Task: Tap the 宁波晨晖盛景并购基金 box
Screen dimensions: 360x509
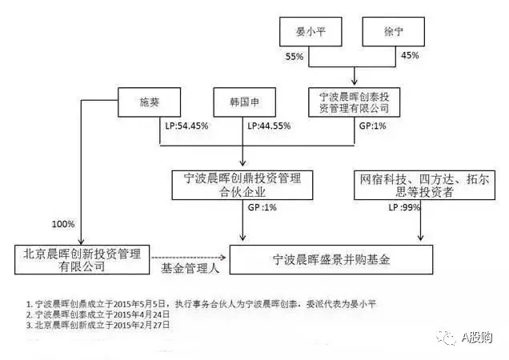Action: pos(331,258)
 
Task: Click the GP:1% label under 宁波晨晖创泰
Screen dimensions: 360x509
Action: pos(370,126)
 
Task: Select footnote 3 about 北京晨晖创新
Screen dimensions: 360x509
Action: pos(96,326)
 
